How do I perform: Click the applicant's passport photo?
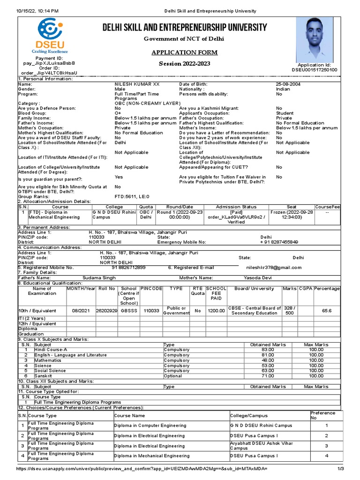pos(315,40)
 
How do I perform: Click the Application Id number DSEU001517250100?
pos(314,70)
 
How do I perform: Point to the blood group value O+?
pos(118,113)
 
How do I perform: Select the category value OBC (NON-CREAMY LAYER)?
pos(147,103)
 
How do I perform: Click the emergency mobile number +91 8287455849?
pos(279,242)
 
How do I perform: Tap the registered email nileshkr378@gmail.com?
pos(274,267)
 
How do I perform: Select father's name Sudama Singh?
pos(98,277)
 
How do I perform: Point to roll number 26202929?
pos(106,311)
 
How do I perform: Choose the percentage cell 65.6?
pos(327,311)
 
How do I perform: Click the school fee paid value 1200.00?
pos(216,311)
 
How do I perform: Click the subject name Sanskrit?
pos(43,376)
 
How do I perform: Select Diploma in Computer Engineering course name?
pos(150,426)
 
